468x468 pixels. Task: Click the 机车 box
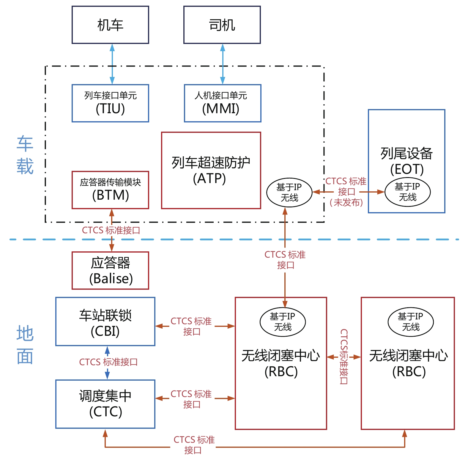110,25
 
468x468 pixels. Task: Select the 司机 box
222,25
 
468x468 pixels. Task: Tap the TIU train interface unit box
110,103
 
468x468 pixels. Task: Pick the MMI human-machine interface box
222,103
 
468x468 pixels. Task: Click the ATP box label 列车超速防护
211,163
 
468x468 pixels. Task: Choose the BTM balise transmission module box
110,190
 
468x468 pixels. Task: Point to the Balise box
110,270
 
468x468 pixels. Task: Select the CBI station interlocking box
105,322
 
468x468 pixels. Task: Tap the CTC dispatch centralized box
105,404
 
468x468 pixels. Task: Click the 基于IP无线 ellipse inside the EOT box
407,192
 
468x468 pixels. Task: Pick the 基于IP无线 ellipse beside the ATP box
289,193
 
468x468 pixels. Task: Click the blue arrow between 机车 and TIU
112,64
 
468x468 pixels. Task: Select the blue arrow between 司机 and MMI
223,64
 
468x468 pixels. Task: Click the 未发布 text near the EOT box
346,203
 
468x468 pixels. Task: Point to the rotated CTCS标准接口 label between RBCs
344,356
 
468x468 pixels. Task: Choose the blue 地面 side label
25,345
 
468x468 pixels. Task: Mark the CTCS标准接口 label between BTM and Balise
111,230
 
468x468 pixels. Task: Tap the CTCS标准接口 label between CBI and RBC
191,326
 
